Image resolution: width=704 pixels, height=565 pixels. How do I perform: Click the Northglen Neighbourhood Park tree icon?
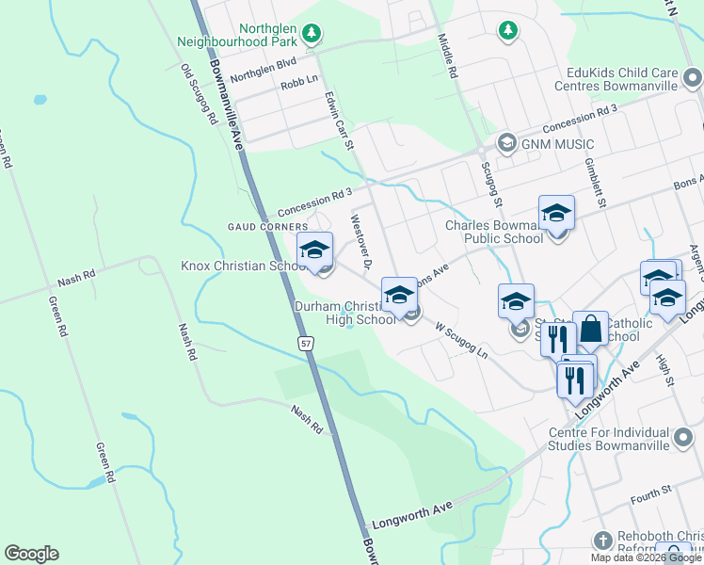[x=312, y=35]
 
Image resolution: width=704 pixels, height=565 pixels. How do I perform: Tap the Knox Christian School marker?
[x=315, y=250]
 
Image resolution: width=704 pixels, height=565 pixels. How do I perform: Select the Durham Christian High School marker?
[x=398, y=296]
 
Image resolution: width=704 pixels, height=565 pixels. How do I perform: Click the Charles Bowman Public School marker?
[x=556, y=214]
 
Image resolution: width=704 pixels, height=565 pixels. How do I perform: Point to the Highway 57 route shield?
[x=306, y=344]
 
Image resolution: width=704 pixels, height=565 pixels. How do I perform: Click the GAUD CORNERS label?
[x=267, y=227]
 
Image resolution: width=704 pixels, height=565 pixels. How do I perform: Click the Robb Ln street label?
[x=299, y=85]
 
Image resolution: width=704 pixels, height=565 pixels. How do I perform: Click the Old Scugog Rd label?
[x=200, y=95]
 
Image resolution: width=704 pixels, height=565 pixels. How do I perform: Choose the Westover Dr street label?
[x=363, y=240]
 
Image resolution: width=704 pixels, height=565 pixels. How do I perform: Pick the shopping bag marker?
[x=590, y=330]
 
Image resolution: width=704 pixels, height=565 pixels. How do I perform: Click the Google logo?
[x=31, y=554]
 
